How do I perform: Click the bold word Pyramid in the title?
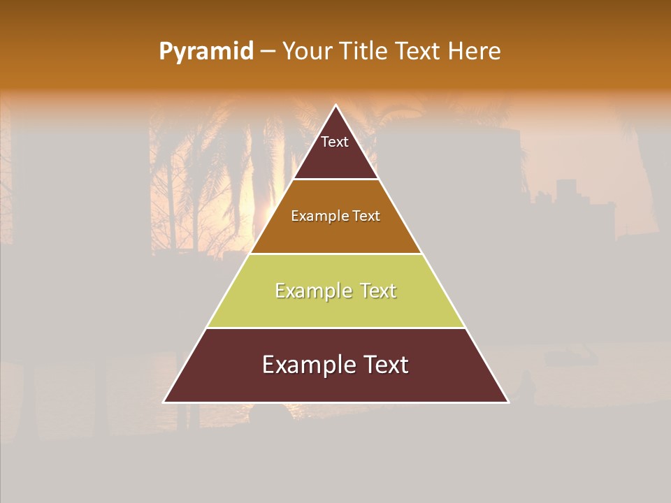[205, 52]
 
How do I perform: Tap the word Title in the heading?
[364, 51]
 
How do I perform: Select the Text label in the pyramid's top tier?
[335, 142]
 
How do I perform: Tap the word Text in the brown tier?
[367, 216]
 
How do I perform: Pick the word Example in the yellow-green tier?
[311, 291]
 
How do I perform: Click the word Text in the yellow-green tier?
[378, 291]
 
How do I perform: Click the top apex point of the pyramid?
[335, 105]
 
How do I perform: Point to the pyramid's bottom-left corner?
[164, 402]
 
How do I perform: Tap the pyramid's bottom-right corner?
[507, 402]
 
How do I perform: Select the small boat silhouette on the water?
[571, 358]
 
